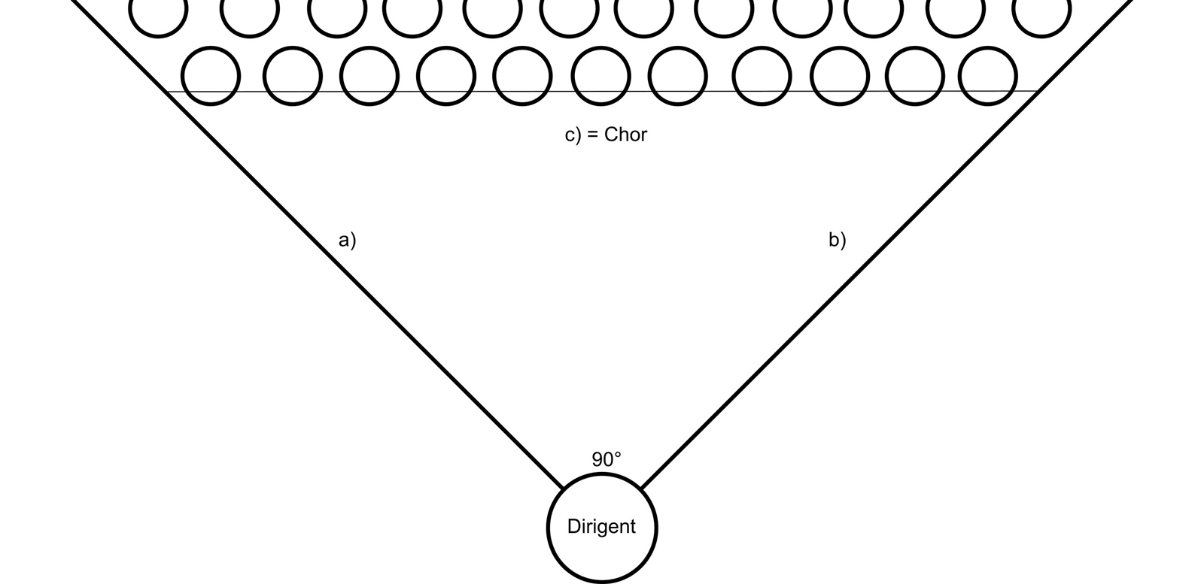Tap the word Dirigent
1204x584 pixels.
click(601, 527)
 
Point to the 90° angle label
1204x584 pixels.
click(607, 459)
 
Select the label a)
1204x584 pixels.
click(347, 240)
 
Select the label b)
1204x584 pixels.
click(838, 240)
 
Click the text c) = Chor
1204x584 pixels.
click(606, 135)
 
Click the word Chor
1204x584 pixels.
click(625, 135)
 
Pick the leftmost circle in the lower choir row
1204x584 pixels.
click(211, 76)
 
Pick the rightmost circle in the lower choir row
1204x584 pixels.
click(988, 76)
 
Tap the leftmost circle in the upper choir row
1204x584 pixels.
click(158, 11)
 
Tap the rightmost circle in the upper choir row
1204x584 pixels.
click(1041, 11)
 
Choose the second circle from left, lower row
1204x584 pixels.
click(293, 76)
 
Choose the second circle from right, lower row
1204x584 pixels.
click(914, 76)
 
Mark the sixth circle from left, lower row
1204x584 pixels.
click(600, 76)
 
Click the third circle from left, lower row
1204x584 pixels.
click(369, 76)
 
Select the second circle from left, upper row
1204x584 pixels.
click(250, 11)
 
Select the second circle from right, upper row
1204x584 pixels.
click(955, 11)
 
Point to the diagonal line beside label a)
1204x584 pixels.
click(316, 241)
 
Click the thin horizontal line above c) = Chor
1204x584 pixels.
click(602, 92)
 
